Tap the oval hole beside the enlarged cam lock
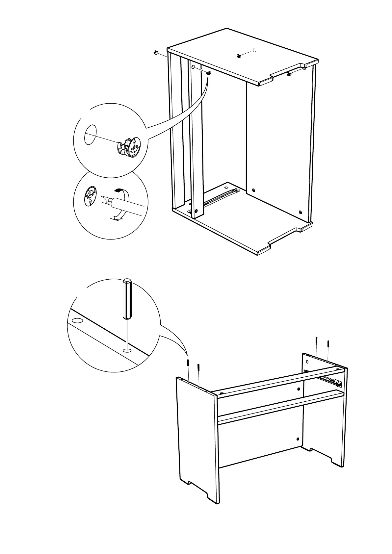coord(90,134)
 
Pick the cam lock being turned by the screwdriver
coord(90,197)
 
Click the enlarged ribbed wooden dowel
coord(127,299)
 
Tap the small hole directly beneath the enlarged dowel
coord(127,350)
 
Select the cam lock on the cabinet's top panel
coord(240,56)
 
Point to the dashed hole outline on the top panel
coord(253,50)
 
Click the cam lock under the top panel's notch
coord(289,74)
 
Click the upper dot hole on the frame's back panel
coord(299,389)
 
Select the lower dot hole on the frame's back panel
coord(298,439)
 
